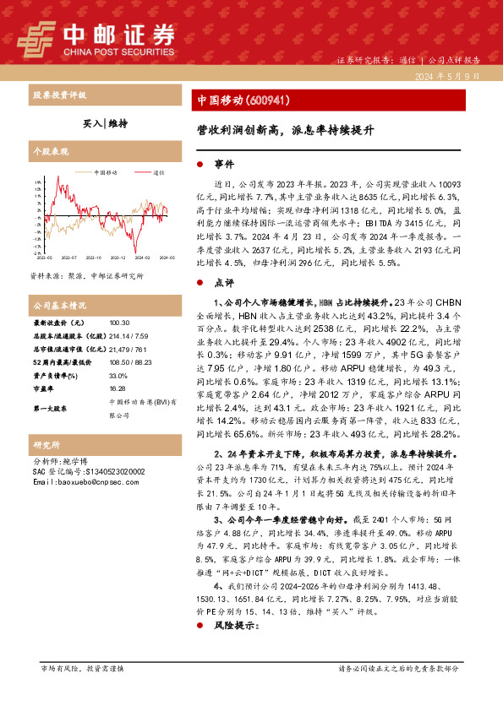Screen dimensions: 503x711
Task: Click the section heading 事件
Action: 224,164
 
